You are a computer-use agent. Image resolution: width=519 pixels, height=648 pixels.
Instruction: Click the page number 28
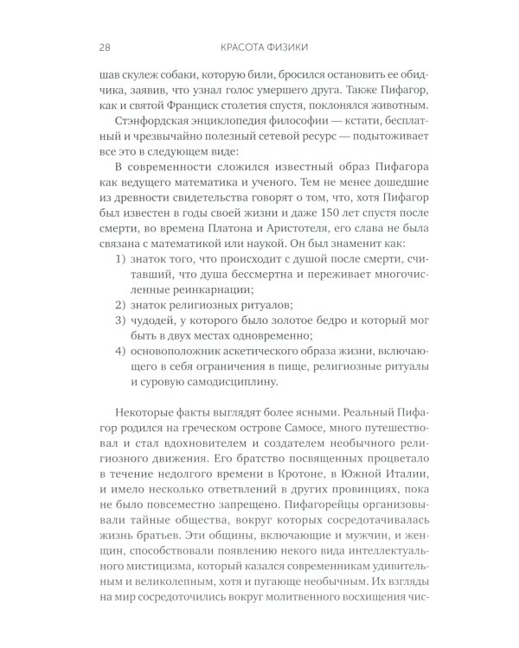click(x=96, y=46)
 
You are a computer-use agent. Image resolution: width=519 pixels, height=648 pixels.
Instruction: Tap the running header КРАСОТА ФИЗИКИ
click(x=259, y=46)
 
